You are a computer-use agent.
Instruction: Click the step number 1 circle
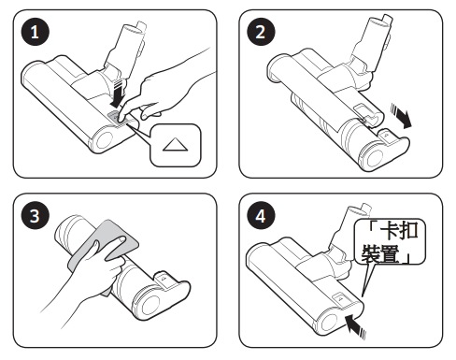point(35,32)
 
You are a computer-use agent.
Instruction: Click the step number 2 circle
point(261,32)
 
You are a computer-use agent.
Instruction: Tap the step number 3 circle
point(35,216)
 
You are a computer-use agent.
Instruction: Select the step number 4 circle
point(261,216)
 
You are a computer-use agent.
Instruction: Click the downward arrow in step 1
point(118,94)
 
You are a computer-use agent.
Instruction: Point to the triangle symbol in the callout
point(175,145)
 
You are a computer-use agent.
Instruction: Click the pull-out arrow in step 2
point(402,116)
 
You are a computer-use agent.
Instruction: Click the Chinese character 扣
point(408,231)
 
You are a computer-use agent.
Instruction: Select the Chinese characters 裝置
point(380,253)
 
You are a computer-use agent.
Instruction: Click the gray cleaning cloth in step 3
point(103,246)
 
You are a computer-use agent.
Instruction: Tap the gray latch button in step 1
point(114,118)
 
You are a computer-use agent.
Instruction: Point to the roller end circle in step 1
point(105,140)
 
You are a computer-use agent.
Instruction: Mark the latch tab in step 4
point(340,298)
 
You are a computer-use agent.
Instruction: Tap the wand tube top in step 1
point(136,28)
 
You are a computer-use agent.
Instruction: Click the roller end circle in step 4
point(329,323)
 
